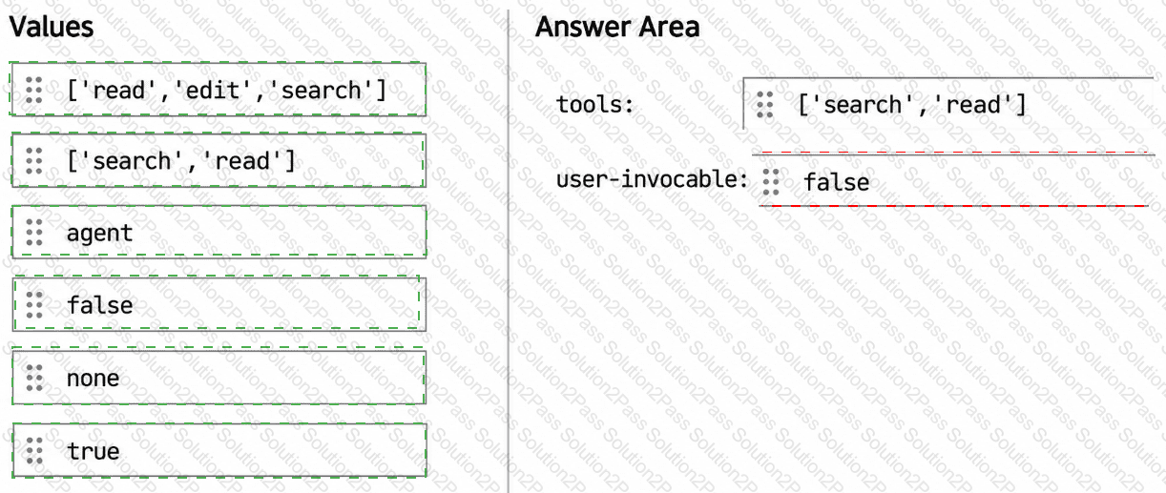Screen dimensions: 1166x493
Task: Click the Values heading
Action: tap(51, 27)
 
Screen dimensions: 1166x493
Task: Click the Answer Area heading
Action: tap(617, 27)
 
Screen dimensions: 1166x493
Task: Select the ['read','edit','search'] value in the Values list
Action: tap(219, 90)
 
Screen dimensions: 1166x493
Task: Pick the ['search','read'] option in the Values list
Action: tap(219, 160)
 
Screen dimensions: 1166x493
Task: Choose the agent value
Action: tap(219, 232)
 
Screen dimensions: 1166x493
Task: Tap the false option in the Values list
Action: tap(219, 304)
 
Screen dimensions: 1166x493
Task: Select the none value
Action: tap(219, 378)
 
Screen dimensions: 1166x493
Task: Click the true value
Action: tap(219, 450)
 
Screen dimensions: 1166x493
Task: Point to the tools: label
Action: tap(595, 105)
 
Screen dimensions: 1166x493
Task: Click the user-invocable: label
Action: tap(652, 179)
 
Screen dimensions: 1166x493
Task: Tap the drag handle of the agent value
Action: tap(34, 232)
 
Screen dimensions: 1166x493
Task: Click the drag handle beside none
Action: tap(34, 378)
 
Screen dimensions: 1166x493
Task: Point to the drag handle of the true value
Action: tap(34, 450)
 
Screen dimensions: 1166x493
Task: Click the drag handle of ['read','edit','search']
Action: tap(34, 90)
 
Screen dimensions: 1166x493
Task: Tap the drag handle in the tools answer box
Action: tap(764, 105)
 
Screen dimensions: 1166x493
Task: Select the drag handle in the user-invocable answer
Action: tap(771, 182)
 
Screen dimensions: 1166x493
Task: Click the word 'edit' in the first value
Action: tap(213, 91)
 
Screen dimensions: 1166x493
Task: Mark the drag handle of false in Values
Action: tap(34, 305)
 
